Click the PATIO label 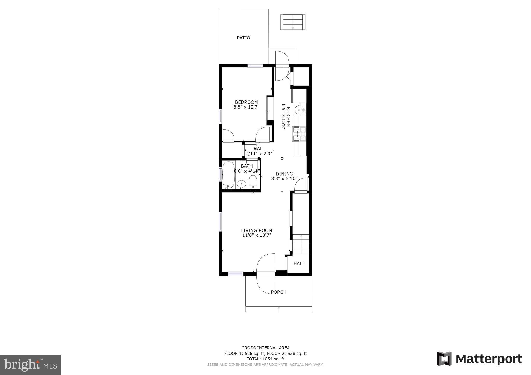click(243, 38)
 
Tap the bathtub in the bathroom click(228, 175)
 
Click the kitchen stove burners click(299, 134)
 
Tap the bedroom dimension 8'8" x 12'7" click(246, 107)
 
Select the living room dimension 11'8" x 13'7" click(256, 235)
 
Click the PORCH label click(278, 292)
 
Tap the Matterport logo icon click(444, 359)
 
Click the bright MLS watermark click(30, 365)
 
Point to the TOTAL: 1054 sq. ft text click(265, 359)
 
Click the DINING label click(284, 174)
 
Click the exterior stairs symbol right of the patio click(292, 22)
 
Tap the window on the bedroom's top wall click(255, 66)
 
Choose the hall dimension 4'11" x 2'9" click(259, 154)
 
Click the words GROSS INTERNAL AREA click(265, 348)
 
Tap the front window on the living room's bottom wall click(235, 274)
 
